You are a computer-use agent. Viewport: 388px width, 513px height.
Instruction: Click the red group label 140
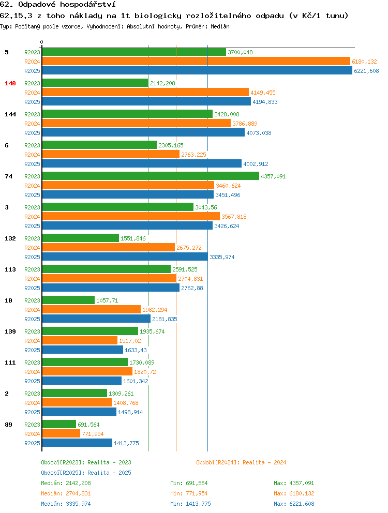coord(10,83)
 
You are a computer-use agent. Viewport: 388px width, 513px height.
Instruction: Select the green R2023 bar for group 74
coord(151,176)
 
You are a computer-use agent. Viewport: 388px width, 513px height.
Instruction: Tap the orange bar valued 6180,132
coord(196,61)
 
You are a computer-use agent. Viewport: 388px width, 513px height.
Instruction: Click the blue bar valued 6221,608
coord(197,71)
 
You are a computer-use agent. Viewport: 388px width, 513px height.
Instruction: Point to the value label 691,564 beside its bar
coord(88,425)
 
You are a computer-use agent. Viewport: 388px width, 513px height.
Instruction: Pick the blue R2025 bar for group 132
coord(125,257)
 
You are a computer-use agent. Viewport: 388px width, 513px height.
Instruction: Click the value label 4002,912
coord(256,164)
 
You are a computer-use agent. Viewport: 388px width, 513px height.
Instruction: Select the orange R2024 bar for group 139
coord(80,341)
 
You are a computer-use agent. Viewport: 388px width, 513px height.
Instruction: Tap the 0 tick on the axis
coord(41,42)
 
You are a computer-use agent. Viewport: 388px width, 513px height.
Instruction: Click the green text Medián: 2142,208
coord(66,483)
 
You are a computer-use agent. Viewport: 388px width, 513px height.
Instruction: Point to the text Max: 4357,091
coord(294,483)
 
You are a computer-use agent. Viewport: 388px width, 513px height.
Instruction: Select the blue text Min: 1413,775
coord(190,504)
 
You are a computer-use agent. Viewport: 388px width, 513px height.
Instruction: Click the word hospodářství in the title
coord(88,5)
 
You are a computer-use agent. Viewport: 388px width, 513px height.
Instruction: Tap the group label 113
coord(10,269)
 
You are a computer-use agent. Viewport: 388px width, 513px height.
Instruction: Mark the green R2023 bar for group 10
coord(68,300)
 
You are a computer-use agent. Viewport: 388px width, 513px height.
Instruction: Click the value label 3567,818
coord(234,217)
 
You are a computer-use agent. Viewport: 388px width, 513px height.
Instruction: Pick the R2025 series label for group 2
coord(32,412)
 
